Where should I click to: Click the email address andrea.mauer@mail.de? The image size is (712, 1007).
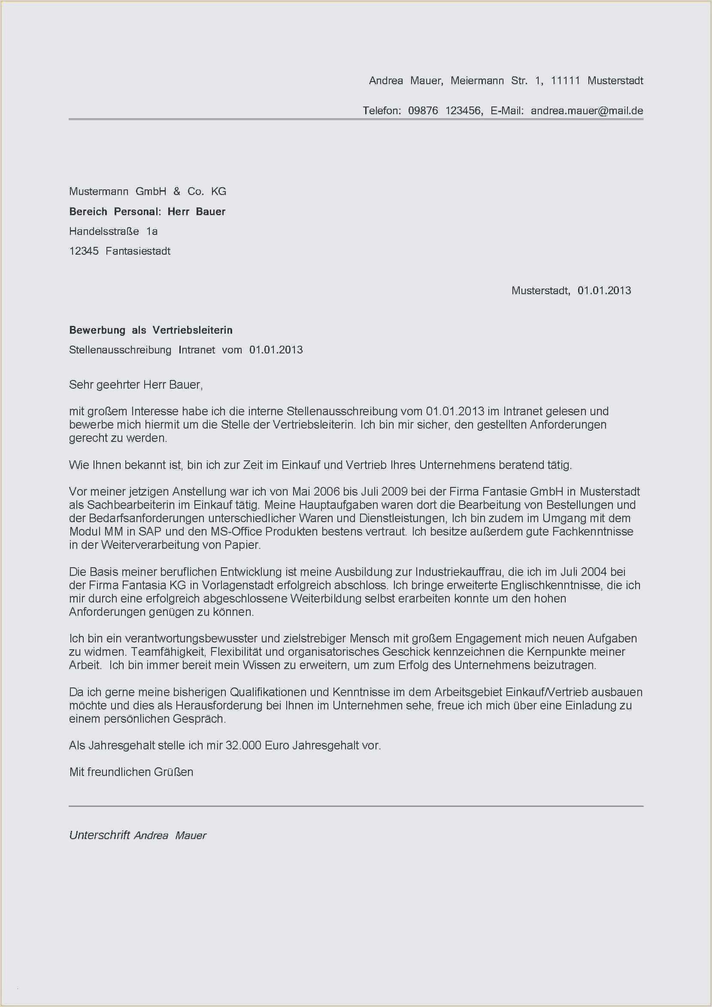tap(587, 110)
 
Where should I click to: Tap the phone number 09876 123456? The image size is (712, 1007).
tap(445, 110)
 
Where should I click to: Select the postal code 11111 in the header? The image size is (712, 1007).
tap(565, 81)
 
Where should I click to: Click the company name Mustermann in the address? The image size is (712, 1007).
tap(99, 191)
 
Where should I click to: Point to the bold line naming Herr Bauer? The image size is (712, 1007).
tap(147, 211)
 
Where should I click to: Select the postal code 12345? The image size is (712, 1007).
tap(84, 251)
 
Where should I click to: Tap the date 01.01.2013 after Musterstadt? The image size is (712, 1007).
tap(604, 290)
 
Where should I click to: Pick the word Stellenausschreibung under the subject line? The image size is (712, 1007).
tap(120, 350)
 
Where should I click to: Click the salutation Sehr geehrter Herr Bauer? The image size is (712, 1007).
tap(136, 385)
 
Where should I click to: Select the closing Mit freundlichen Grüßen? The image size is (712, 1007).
tap(131, 772)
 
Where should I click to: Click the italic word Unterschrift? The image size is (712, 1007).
tap(100, 835)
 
